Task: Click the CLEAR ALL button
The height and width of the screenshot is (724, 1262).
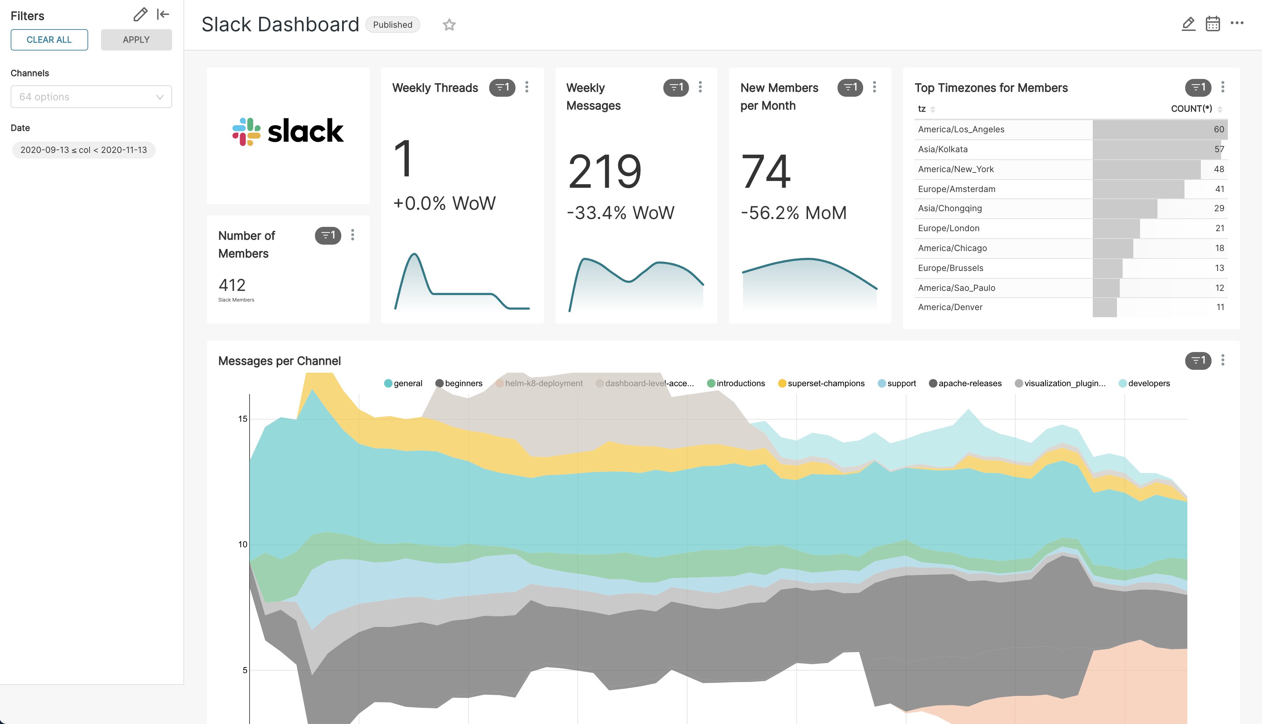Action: pos(49,40)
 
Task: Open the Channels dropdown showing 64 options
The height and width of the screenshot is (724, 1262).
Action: pos(91,97)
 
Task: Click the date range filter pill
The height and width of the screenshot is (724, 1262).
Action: pos(84,150)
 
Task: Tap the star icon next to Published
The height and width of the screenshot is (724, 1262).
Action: pos(449,25)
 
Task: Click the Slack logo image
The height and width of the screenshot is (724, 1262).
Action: pos(288,132)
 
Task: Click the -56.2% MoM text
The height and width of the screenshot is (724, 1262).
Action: pos(793,213)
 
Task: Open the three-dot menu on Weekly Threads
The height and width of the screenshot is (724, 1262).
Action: pos(526,87)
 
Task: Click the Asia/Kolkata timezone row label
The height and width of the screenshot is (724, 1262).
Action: pos(942,149)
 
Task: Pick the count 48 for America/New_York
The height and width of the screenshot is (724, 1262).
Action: pos(1218,169)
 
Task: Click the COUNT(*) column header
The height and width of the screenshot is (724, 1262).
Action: pos(1191,109)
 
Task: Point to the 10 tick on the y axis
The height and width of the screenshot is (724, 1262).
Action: pos(242,544)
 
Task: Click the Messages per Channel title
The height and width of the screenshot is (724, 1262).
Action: pos(279,361)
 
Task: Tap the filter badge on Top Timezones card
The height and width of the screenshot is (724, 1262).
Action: pos(1198,87)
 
